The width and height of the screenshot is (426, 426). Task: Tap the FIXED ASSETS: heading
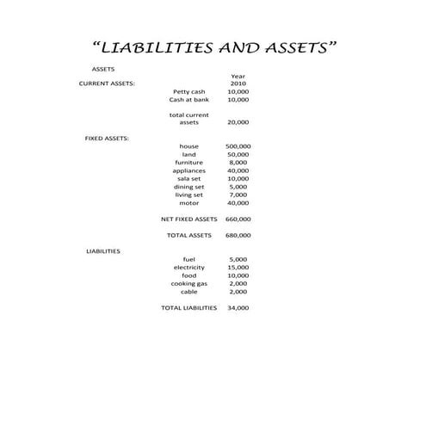[107, 138]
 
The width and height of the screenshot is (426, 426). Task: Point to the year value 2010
[238, 83]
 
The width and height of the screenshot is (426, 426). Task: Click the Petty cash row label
[188, 91]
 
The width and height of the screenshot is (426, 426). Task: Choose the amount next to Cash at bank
[238, 100]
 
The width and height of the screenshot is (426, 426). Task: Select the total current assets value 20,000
[238, 122]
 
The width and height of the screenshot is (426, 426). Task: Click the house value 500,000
[238, 146]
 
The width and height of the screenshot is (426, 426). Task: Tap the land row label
[188, 154]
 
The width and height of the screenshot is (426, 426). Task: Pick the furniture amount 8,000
[238, 162]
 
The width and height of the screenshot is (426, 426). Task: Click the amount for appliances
[238, 170]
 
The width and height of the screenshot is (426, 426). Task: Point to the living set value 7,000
[238, 194]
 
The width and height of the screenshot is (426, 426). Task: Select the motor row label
[188, 203]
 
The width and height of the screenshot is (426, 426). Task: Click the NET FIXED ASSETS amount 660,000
[238, 219]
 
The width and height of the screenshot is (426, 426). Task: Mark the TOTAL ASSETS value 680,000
[238, 235]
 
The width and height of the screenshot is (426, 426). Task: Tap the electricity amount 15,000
[238, 268]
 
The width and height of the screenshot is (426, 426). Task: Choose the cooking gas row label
[188, 283]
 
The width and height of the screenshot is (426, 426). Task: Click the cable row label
[188, 292]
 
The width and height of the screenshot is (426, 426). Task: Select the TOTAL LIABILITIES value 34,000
[238, 307]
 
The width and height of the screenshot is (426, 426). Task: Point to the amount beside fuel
[238, 259]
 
